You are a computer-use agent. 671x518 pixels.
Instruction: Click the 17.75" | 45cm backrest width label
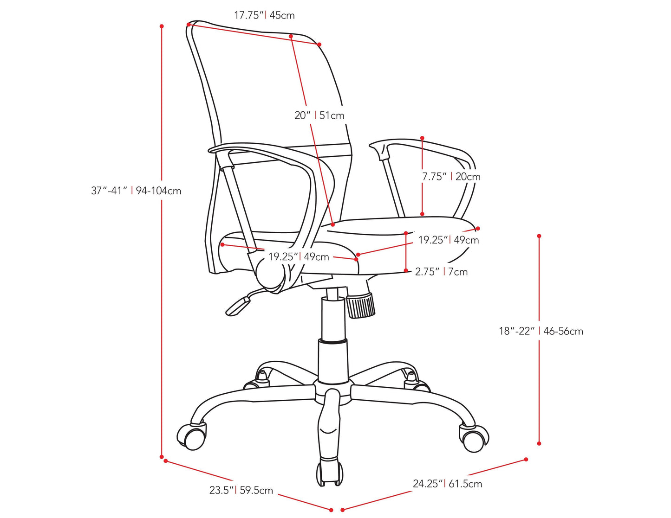pyautogui.click(x=264, y=15)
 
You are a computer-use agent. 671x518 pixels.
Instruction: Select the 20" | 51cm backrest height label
pyautogui.click(x=319, y=115)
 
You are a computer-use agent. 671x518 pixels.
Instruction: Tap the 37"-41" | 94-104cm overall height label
pyautogui.click(x=136, y=191)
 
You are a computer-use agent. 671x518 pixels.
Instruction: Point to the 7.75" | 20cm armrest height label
pyautogui.click(x=451, y=177)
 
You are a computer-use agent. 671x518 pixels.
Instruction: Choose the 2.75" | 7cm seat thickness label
pyautogui.click(x=441, y=272)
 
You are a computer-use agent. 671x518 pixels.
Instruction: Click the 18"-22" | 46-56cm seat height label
pyautogui.click(x=541, y=331)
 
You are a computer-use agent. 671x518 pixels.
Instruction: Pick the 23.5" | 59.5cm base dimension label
pyautogui.click(x=241, y=490)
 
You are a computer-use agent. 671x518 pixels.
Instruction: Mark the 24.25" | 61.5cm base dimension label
pyautogui.click(x=448, y=484)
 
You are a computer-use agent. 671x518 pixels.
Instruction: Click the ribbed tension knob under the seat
pyautogui.click(x=361, y=306)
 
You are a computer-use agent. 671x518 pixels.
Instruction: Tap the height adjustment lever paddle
pyautogui.click(x=238, y=307)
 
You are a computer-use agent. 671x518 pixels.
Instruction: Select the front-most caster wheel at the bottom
pyautogui.click(x=330, y=474)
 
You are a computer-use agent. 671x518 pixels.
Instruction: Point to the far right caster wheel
pyautogui.click(x=474, y=438)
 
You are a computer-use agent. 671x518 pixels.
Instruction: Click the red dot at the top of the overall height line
pyautogui.click(x=162, y=26)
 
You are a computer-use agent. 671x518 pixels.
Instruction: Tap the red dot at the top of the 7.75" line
pyautogui.click(x=422, y=138)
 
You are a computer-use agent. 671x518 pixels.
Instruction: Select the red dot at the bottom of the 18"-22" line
pyautogui.click(x=539, y=443)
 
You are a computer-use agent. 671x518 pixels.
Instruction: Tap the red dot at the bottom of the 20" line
pyautogui.click(x=333, y=225)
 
